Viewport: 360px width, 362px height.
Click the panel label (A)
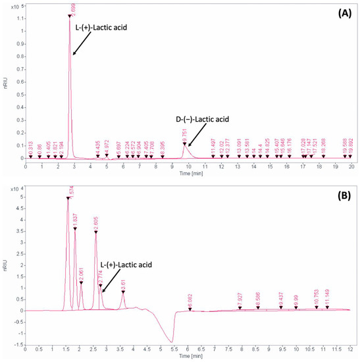(x=342, y=12)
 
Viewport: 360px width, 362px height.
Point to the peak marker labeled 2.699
(x=70, y=15)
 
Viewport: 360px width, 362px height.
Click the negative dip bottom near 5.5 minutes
(x=172, y=342)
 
